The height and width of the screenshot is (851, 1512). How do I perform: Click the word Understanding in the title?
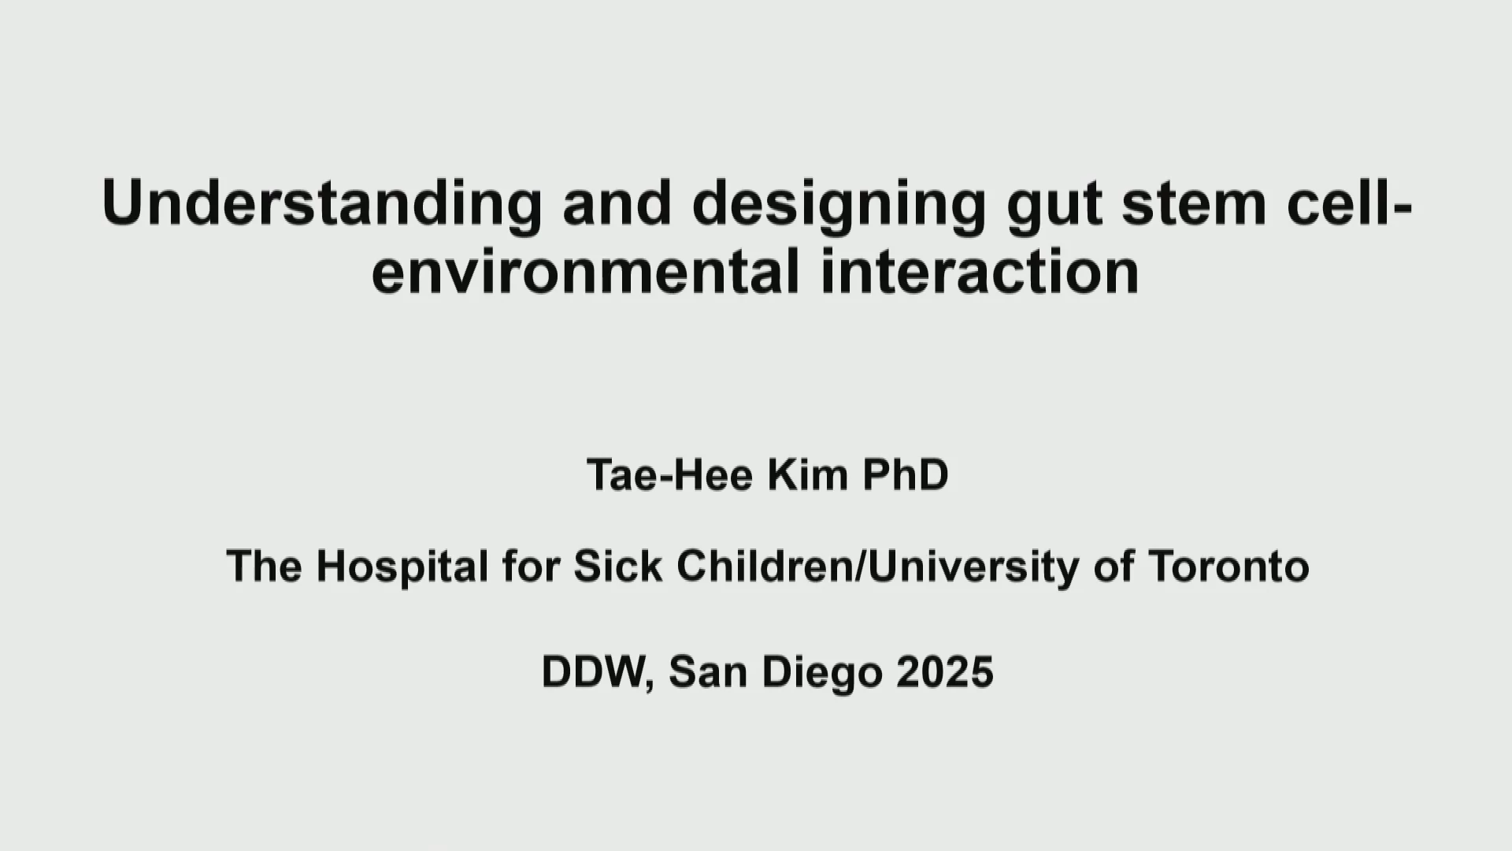322,203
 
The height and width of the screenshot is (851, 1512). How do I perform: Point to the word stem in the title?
1195,204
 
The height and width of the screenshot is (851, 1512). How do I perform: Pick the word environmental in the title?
585,270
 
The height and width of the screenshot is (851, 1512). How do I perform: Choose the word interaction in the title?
980,270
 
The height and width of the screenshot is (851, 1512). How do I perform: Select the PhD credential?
906,474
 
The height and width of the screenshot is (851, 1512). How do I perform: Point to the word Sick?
618,566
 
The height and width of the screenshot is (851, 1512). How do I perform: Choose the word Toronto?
1228,566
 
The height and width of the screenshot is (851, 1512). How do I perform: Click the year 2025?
945,672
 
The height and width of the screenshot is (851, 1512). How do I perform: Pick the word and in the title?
617,203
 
